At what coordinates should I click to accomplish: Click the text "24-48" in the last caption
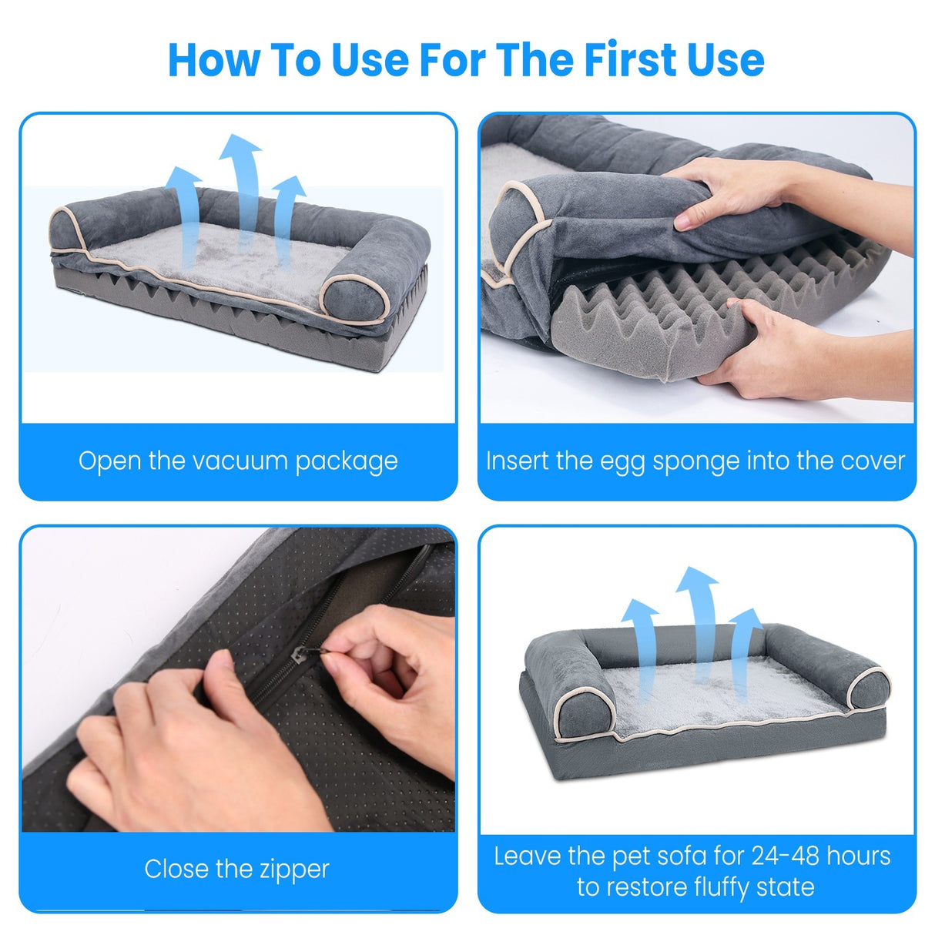click(778, 856)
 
